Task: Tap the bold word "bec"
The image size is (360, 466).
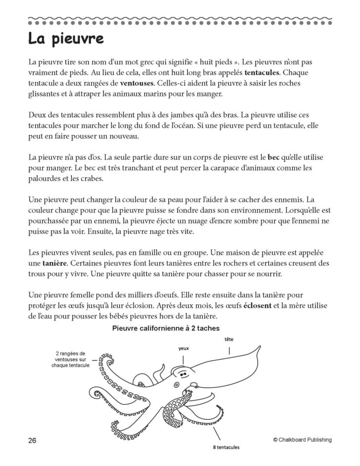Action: (x=273, y=157)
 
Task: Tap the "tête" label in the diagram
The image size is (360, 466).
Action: (x=229, y=339)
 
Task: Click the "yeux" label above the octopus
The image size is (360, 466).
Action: (x=184, y=348)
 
